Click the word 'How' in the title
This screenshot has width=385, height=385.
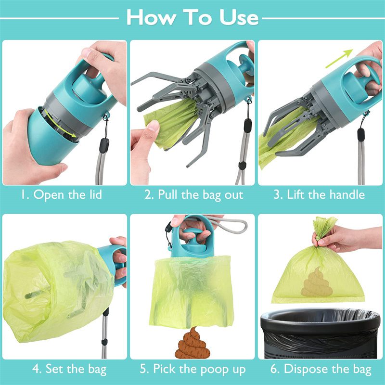coord(151,18)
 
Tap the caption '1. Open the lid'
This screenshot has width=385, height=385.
coord(61,195)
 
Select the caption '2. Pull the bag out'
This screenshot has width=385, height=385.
coord(193,195)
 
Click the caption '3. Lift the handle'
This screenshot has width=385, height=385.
coord(319,195)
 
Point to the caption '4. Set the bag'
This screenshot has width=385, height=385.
coord(69,369)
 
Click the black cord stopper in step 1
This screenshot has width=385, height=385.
coord(104,145)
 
